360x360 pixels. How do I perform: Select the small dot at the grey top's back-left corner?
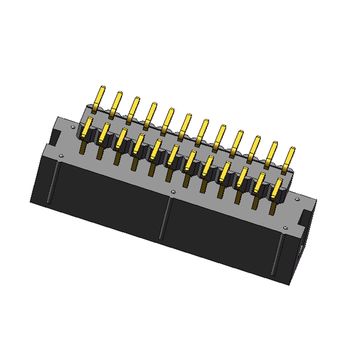(x=81, y=117)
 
